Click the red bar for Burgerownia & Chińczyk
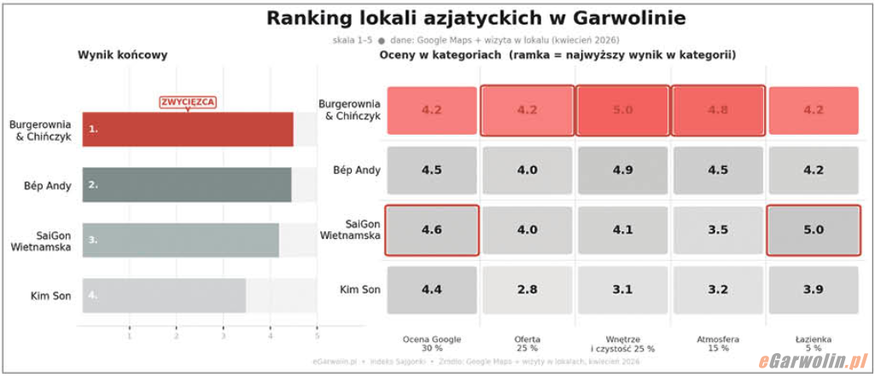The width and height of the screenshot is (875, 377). pyautogui.click(x=188, y=130)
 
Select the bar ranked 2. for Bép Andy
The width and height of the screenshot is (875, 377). pyautogui.click(x=187, y=184)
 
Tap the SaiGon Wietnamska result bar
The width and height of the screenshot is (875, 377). pyautogui.click(x=181, y=240)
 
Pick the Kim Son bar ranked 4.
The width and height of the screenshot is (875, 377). pyautogui.click(x=164, y=296)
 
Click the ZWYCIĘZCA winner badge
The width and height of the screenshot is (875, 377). pyautogui.click(x=188, y=102)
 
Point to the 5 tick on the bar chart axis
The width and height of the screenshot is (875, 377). pyautogui.click(x=317, y=336)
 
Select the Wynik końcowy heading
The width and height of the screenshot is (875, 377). pyautogui.click(x=122, y=55)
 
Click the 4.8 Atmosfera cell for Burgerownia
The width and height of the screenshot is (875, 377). pyautogui.click(x=718, y=110)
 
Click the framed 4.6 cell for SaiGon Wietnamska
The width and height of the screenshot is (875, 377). pyautogui.click(x=431, y=230)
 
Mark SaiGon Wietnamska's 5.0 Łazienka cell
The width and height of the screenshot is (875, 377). pyautogui.click(x=813, y=230)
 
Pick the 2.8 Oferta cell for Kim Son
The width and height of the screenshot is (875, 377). pyautogui.click(x=527, y=290)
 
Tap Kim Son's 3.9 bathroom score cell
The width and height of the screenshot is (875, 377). pyautogui.click(x=813, y=290)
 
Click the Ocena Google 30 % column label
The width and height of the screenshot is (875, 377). pyautogui.click(x=431, y=343)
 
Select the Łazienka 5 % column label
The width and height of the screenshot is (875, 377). pyautogui.click(x=813, y=343)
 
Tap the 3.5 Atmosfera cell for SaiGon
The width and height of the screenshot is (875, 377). pyautogui.click(x=718, y=230)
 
